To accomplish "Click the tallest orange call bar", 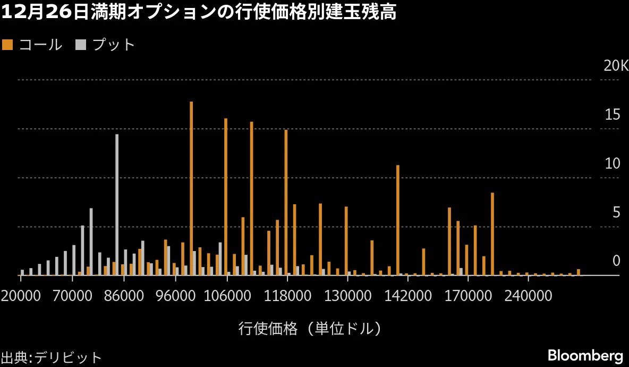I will pyautogui.click(x=191, y=188).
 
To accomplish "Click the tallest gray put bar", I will pyautogui.click(x=117, y=204).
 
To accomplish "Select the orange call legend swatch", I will pyautogui.click(x=7, y=45).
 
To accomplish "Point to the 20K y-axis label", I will pyautogui.click(x=615, y=66).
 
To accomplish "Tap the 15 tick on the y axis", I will pyautogui.click(x=613, y=115).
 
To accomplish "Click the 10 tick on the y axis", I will pyautogui.click(x=613, y=164).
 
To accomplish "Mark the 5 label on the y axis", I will pyautogui.click(x=616, y=213).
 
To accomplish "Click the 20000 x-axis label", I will pyautogui.click(x=21, y=296).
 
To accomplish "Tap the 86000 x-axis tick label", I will pyautogui.click(x=124, y=296).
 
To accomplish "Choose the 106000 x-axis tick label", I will pyautogui.click(x=227, y=296).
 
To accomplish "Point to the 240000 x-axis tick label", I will pyautogui.click(x=527, y=296).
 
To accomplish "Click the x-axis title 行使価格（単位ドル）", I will pyautogui.click(x=310, y=328).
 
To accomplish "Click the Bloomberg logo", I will pyautogui.click(x=585, y=355).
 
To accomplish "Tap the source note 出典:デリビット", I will pyautogui.click(x=51, y=357).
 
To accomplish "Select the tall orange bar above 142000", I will pyautogui.click(x=397, y=220).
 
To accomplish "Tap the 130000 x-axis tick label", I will pyautogui.click(x=347, y=296).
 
